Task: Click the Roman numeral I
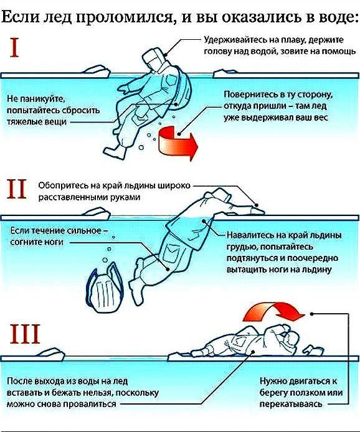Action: tap(14, 48)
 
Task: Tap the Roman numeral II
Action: tap(17, 189)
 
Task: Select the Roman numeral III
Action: tap(25, 334)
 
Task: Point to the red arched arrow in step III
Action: tap(273, 311)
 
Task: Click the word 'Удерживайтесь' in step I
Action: tap(237, 40)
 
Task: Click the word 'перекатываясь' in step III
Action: tap(291, 404)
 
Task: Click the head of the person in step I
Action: tap(153, 59)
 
